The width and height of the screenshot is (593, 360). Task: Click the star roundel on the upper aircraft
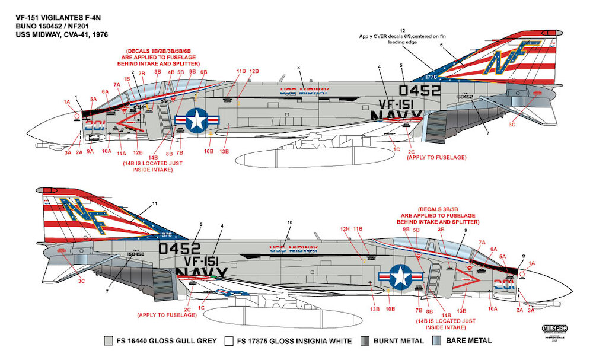pyautogui.click(x=196, y=120)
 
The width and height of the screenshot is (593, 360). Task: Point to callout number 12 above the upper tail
pyautogui.click(x=403, y=30)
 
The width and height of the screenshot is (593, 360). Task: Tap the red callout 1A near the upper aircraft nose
pyautogui.click(x=67, y=102)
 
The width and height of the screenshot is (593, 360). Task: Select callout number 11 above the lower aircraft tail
pyautogui.click(x=155, y=203)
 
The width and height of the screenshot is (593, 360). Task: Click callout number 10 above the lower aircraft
pyautogui.click(x=290, y=223)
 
